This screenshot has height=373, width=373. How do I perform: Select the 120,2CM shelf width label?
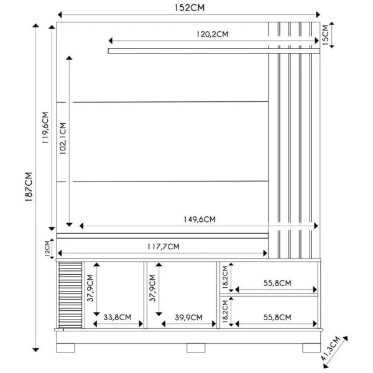212,35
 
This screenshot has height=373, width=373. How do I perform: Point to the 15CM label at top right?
325,35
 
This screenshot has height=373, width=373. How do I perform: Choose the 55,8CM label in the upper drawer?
277,283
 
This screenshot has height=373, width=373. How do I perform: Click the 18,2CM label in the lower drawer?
225,310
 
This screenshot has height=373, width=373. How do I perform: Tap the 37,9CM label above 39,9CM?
153,287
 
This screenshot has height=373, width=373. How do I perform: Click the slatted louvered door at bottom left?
70,294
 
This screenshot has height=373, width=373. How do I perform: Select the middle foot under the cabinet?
196,348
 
